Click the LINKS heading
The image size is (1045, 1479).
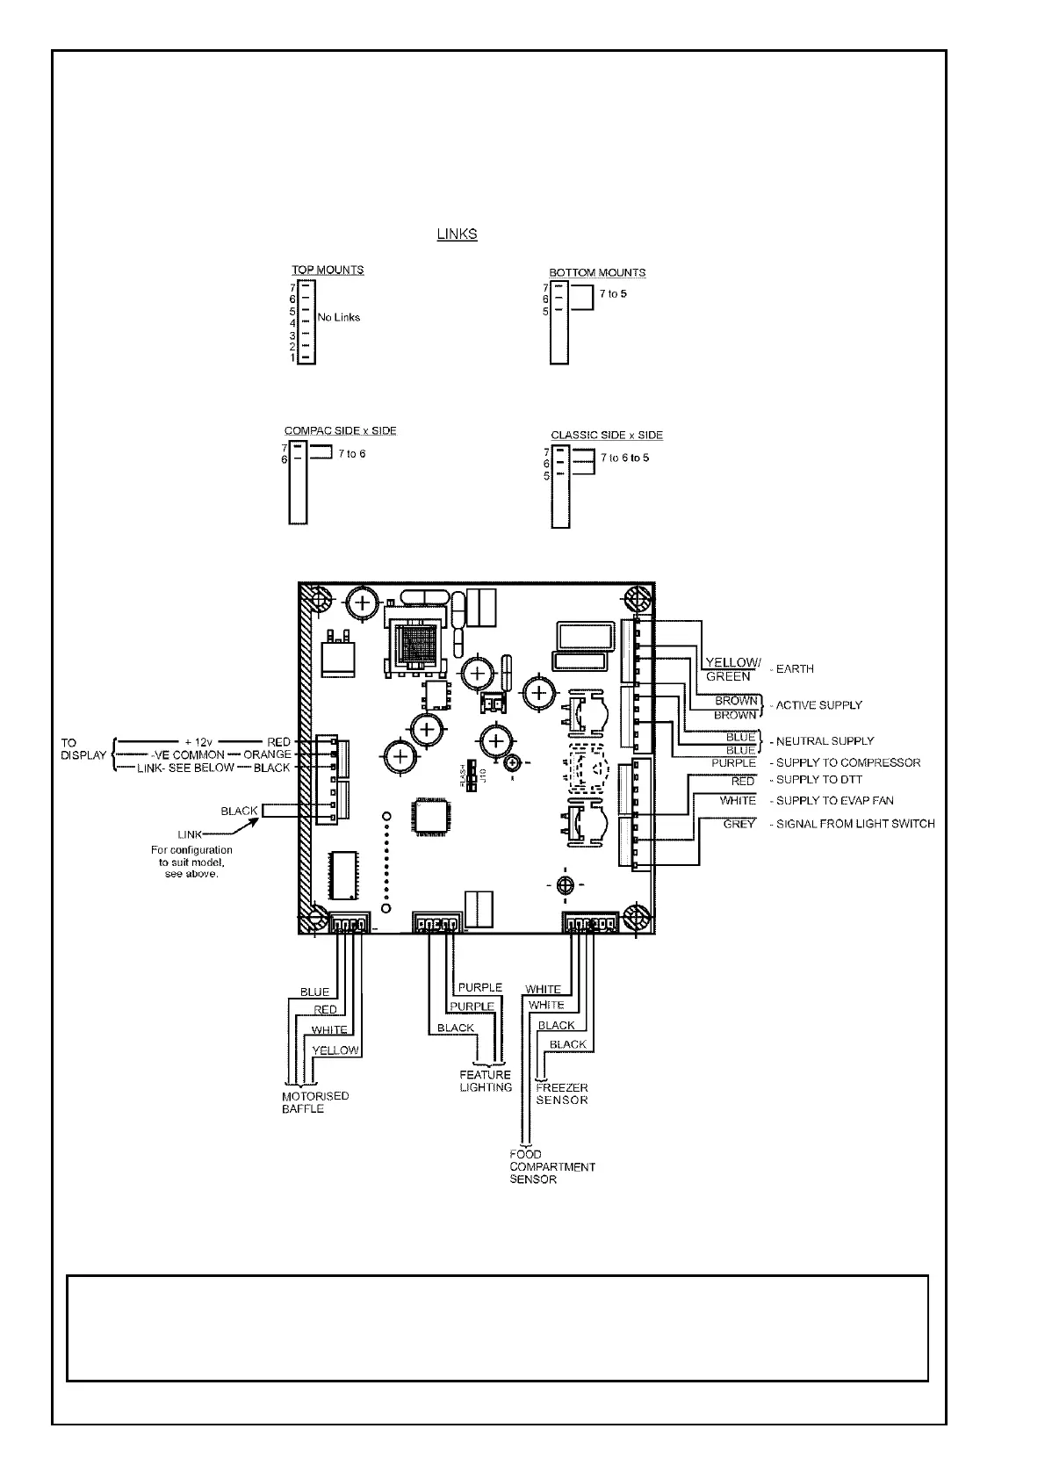click(457, 234)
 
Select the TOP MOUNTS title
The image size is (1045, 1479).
click(328, 271)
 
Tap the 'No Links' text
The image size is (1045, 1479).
click(339, 317)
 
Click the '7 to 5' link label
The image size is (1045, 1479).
click(613, 294)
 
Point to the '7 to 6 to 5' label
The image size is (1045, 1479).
click(625, 458)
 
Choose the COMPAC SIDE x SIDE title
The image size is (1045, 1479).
click(340, 431)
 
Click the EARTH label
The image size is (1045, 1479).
click(795, 669)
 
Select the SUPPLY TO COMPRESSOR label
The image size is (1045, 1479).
click(847, 763)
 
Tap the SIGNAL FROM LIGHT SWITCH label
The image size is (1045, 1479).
click(854, 825)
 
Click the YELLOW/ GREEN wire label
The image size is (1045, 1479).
click(732, 669)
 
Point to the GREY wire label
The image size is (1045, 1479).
click(739, 825)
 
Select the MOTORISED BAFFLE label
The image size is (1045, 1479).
click(303, 1102)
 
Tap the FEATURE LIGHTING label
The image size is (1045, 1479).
click(486, 1081)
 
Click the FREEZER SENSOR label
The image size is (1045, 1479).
click(562, 1093)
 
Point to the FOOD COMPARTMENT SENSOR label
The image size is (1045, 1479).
click(551, 1166)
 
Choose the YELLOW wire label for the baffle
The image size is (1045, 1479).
click(335, 1050)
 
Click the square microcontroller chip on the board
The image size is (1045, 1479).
click(434, 817)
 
